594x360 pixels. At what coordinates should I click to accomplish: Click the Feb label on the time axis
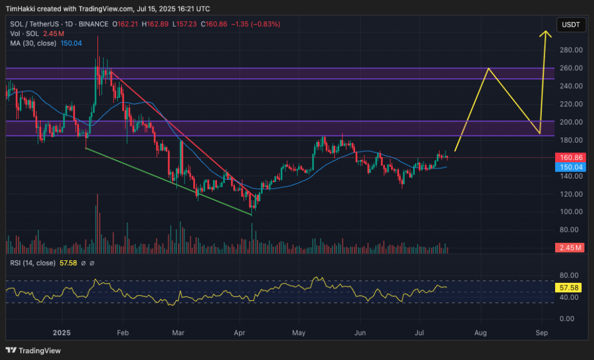coord(122,333)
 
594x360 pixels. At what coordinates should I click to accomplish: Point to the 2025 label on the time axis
coord(61,333)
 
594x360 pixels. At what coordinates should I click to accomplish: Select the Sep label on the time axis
coord(542,333)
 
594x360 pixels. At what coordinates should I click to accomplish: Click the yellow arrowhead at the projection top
coord(545,33)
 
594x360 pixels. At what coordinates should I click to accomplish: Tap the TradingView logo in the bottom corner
coord(33,350)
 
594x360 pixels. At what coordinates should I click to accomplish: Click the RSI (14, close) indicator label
coord(32,263)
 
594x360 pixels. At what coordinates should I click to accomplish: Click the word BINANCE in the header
coord(93,24)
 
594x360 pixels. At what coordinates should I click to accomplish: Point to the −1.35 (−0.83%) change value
coord(256,24)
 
